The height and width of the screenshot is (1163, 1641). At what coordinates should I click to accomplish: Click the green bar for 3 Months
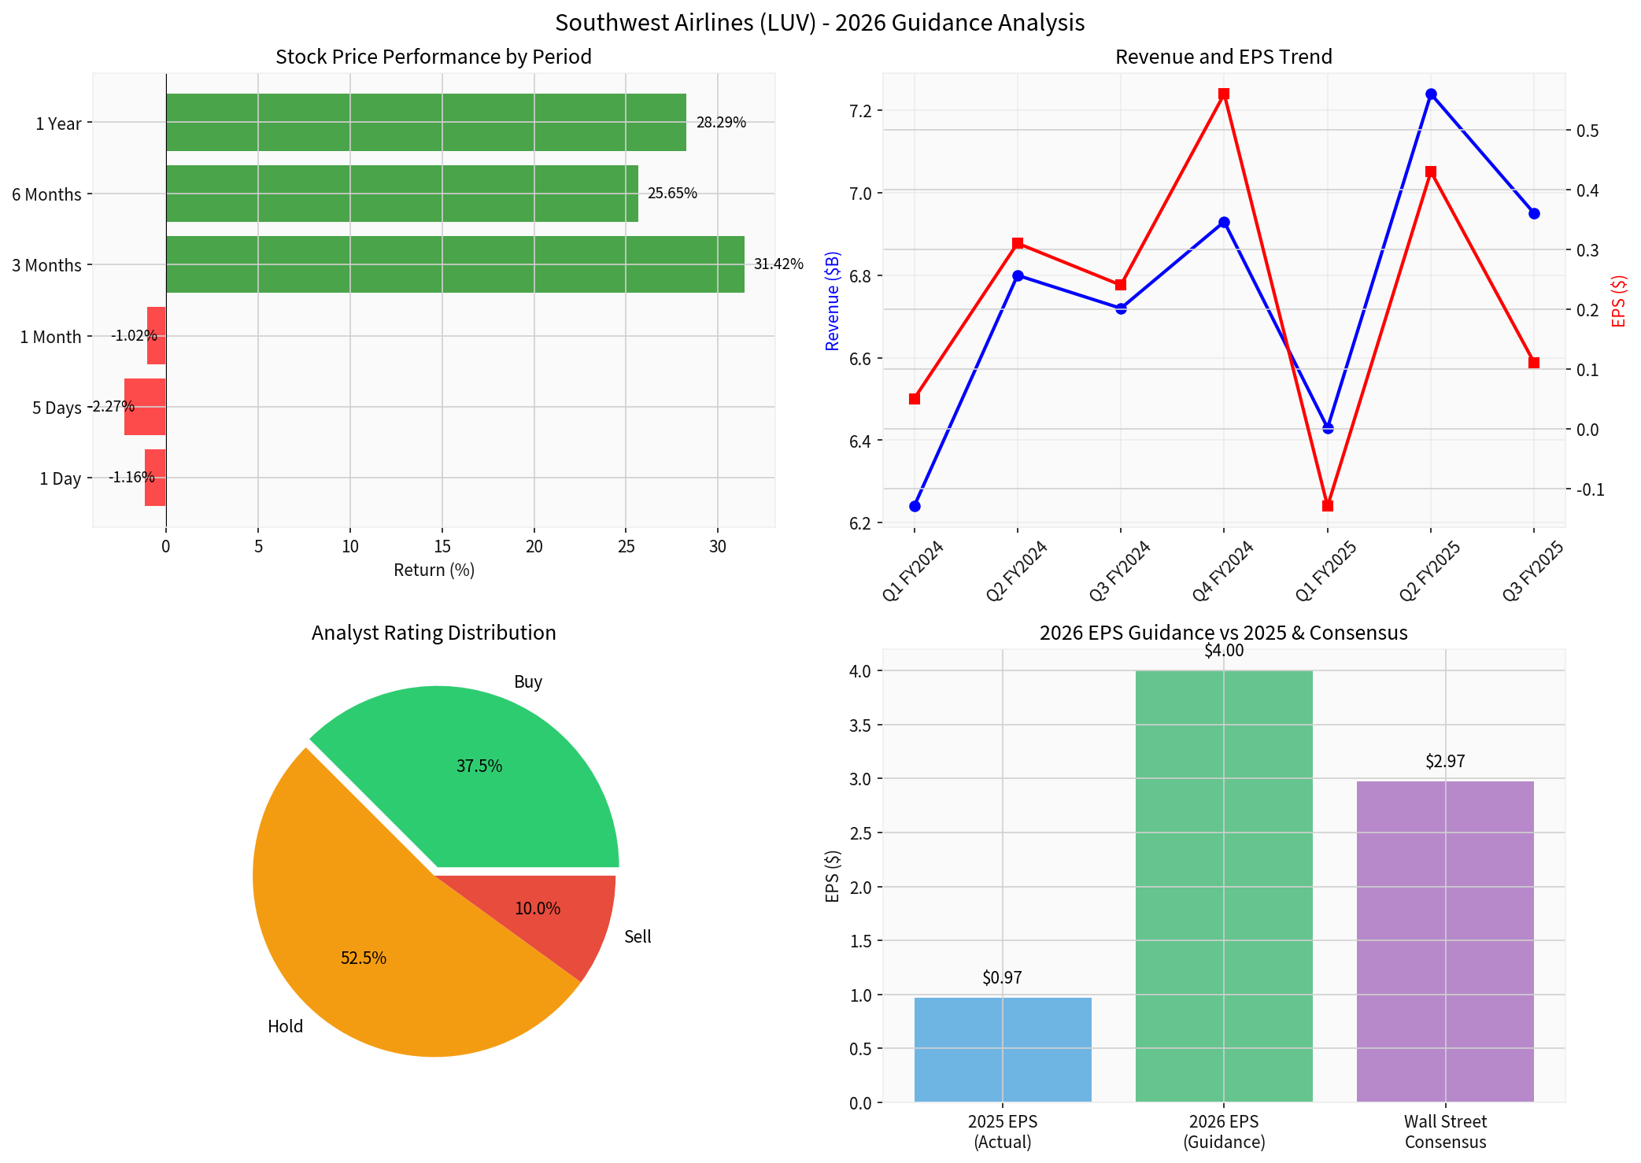pos(455,264)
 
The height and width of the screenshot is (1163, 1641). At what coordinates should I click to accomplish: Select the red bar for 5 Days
pos(145,407)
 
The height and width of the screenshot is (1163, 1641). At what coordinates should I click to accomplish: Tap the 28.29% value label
pos(721,123)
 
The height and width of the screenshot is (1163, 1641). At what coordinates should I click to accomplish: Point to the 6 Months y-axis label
pos(46,194)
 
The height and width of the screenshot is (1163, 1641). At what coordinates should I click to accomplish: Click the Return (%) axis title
pos(434,570)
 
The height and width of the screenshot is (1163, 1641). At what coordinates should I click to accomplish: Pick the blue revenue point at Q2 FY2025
pos(1431,94)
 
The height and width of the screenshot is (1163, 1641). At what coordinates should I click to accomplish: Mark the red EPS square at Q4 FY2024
pos(1224,94)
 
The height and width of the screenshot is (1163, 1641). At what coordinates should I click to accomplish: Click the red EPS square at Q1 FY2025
pos(1328,505)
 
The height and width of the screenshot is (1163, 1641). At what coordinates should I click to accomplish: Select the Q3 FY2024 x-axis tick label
pos(1119,571)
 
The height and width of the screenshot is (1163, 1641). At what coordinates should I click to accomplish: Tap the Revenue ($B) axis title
pos(832,301)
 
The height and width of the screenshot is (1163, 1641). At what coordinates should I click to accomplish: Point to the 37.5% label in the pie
pos(479,766)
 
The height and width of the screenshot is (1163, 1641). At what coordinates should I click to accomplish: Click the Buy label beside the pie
pos(528,681)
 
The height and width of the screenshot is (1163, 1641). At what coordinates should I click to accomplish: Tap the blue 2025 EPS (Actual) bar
pos(1003,1050)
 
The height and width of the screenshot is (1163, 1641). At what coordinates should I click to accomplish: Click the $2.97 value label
pos(1445,761)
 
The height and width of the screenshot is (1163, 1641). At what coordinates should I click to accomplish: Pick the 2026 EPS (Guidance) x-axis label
pos(1224,1132)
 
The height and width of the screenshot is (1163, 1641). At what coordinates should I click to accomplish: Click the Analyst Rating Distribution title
pos(434,633)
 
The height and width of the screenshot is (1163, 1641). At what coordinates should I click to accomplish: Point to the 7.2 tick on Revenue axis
pos(861,110)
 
